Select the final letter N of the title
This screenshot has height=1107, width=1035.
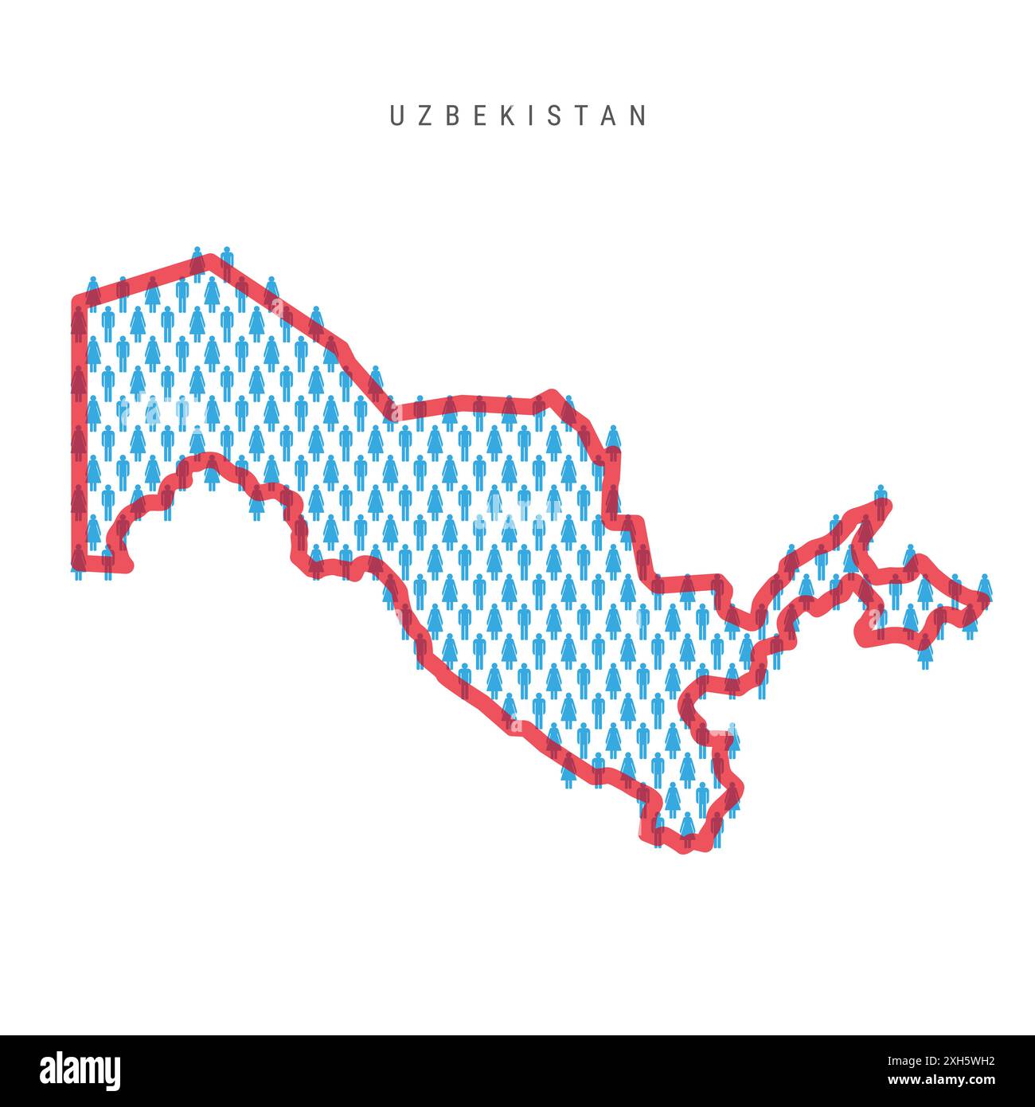639,116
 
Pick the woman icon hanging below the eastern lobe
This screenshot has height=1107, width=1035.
924,655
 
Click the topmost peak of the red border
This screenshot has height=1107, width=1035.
209,260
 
